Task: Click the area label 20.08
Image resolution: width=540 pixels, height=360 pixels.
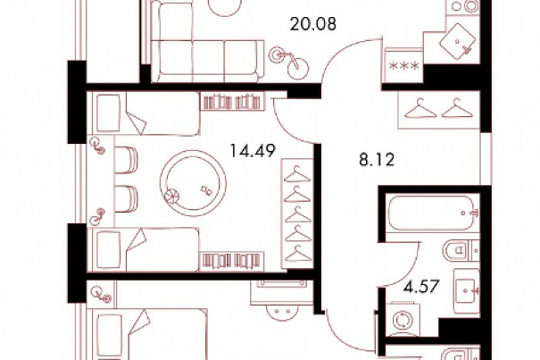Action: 312,24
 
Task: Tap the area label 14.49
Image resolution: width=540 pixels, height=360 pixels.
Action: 253,151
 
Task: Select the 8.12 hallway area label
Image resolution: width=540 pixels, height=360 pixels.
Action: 377,160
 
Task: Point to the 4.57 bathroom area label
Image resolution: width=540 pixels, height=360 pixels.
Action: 421,287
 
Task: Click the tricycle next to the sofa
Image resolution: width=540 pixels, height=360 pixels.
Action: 288,63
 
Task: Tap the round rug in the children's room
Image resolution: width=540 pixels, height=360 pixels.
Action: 193,183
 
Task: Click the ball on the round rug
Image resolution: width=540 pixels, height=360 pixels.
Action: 172,197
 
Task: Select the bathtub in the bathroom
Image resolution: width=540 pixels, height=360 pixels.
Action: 433,213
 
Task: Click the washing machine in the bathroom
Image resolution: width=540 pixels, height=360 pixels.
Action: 403,319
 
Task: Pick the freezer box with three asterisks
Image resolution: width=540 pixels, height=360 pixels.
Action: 403,65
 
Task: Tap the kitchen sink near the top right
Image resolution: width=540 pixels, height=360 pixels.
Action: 458,41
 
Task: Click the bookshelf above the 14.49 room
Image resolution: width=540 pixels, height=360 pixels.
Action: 232,101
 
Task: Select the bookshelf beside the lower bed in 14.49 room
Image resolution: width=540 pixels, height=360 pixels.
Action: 232,262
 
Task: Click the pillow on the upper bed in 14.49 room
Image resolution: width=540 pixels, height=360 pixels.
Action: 109,113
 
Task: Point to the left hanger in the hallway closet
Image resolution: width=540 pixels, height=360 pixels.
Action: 420,109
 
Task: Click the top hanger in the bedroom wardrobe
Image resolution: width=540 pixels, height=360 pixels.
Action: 297,174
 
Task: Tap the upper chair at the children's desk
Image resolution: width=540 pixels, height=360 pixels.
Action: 125,160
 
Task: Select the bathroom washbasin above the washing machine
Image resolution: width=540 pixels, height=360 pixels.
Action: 466,291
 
